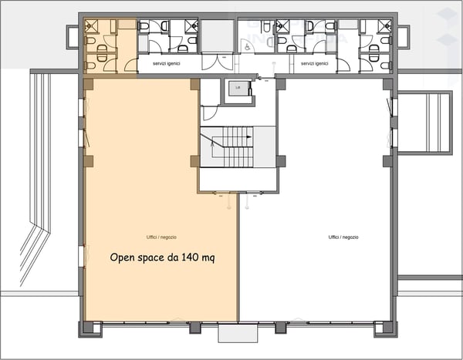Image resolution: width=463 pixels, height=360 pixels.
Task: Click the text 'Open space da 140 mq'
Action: (162, 257)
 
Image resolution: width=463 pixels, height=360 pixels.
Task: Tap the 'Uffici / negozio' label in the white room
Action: (343, 237)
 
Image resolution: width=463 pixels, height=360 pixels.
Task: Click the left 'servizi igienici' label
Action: (166, 64)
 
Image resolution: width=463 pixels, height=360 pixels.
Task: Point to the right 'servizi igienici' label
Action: (316, 64)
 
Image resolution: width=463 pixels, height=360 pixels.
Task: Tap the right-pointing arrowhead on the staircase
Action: (248, 136)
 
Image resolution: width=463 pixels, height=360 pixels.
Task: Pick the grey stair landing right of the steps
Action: (265, 146)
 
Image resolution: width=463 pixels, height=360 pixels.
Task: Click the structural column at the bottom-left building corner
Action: (87, 328)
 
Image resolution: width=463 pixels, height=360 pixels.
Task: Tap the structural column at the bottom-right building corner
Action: (382, 328)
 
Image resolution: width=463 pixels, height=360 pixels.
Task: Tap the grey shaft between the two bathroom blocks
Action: (218, 35)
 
